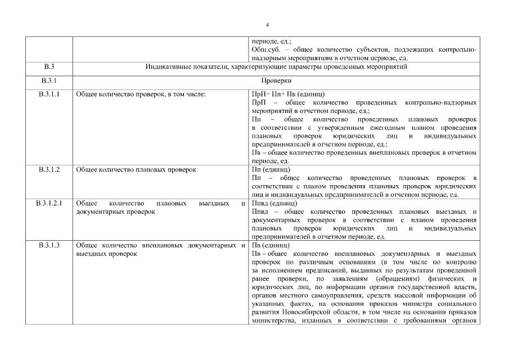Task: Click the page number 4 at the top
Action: tap(267, 25)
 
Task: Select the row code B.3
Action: tap(48, 67)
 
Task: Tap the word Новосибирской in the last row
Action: tap(312, 313)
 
